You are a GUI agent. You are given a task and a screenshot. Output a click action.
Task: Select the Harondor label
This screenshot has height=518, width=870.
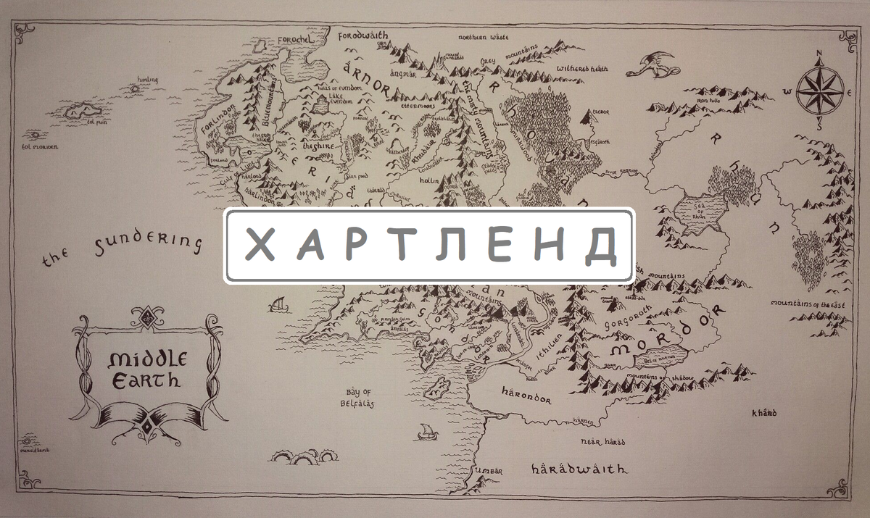[x=526, y=398]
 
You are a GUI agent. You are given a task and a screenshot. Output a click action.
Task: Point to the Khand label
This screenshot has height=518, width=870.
[x=763, y=413]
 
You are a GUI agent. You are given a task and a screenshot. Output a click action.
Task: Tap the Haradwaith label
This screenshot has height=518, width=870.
[x=579, y=469]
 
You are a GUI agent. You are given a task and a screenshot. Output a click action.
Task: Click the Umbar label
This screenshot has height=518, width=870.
[x=488, y=471]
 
